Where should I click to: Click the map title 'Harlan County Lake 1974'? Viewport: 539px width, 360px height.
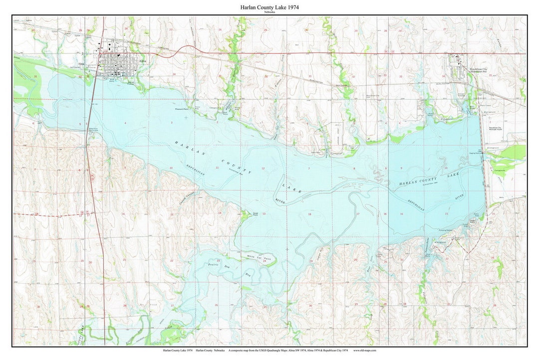[x=269, y=7]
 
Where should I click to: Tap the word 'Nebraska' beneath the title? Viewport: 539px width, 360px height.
[x=269, y=12]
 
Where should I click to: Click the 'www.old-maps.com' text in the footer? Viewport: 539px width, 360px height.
[x=365, y=351]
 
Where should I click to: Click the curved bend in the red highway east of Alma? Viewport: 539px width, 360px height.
[x=185, y=48]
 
